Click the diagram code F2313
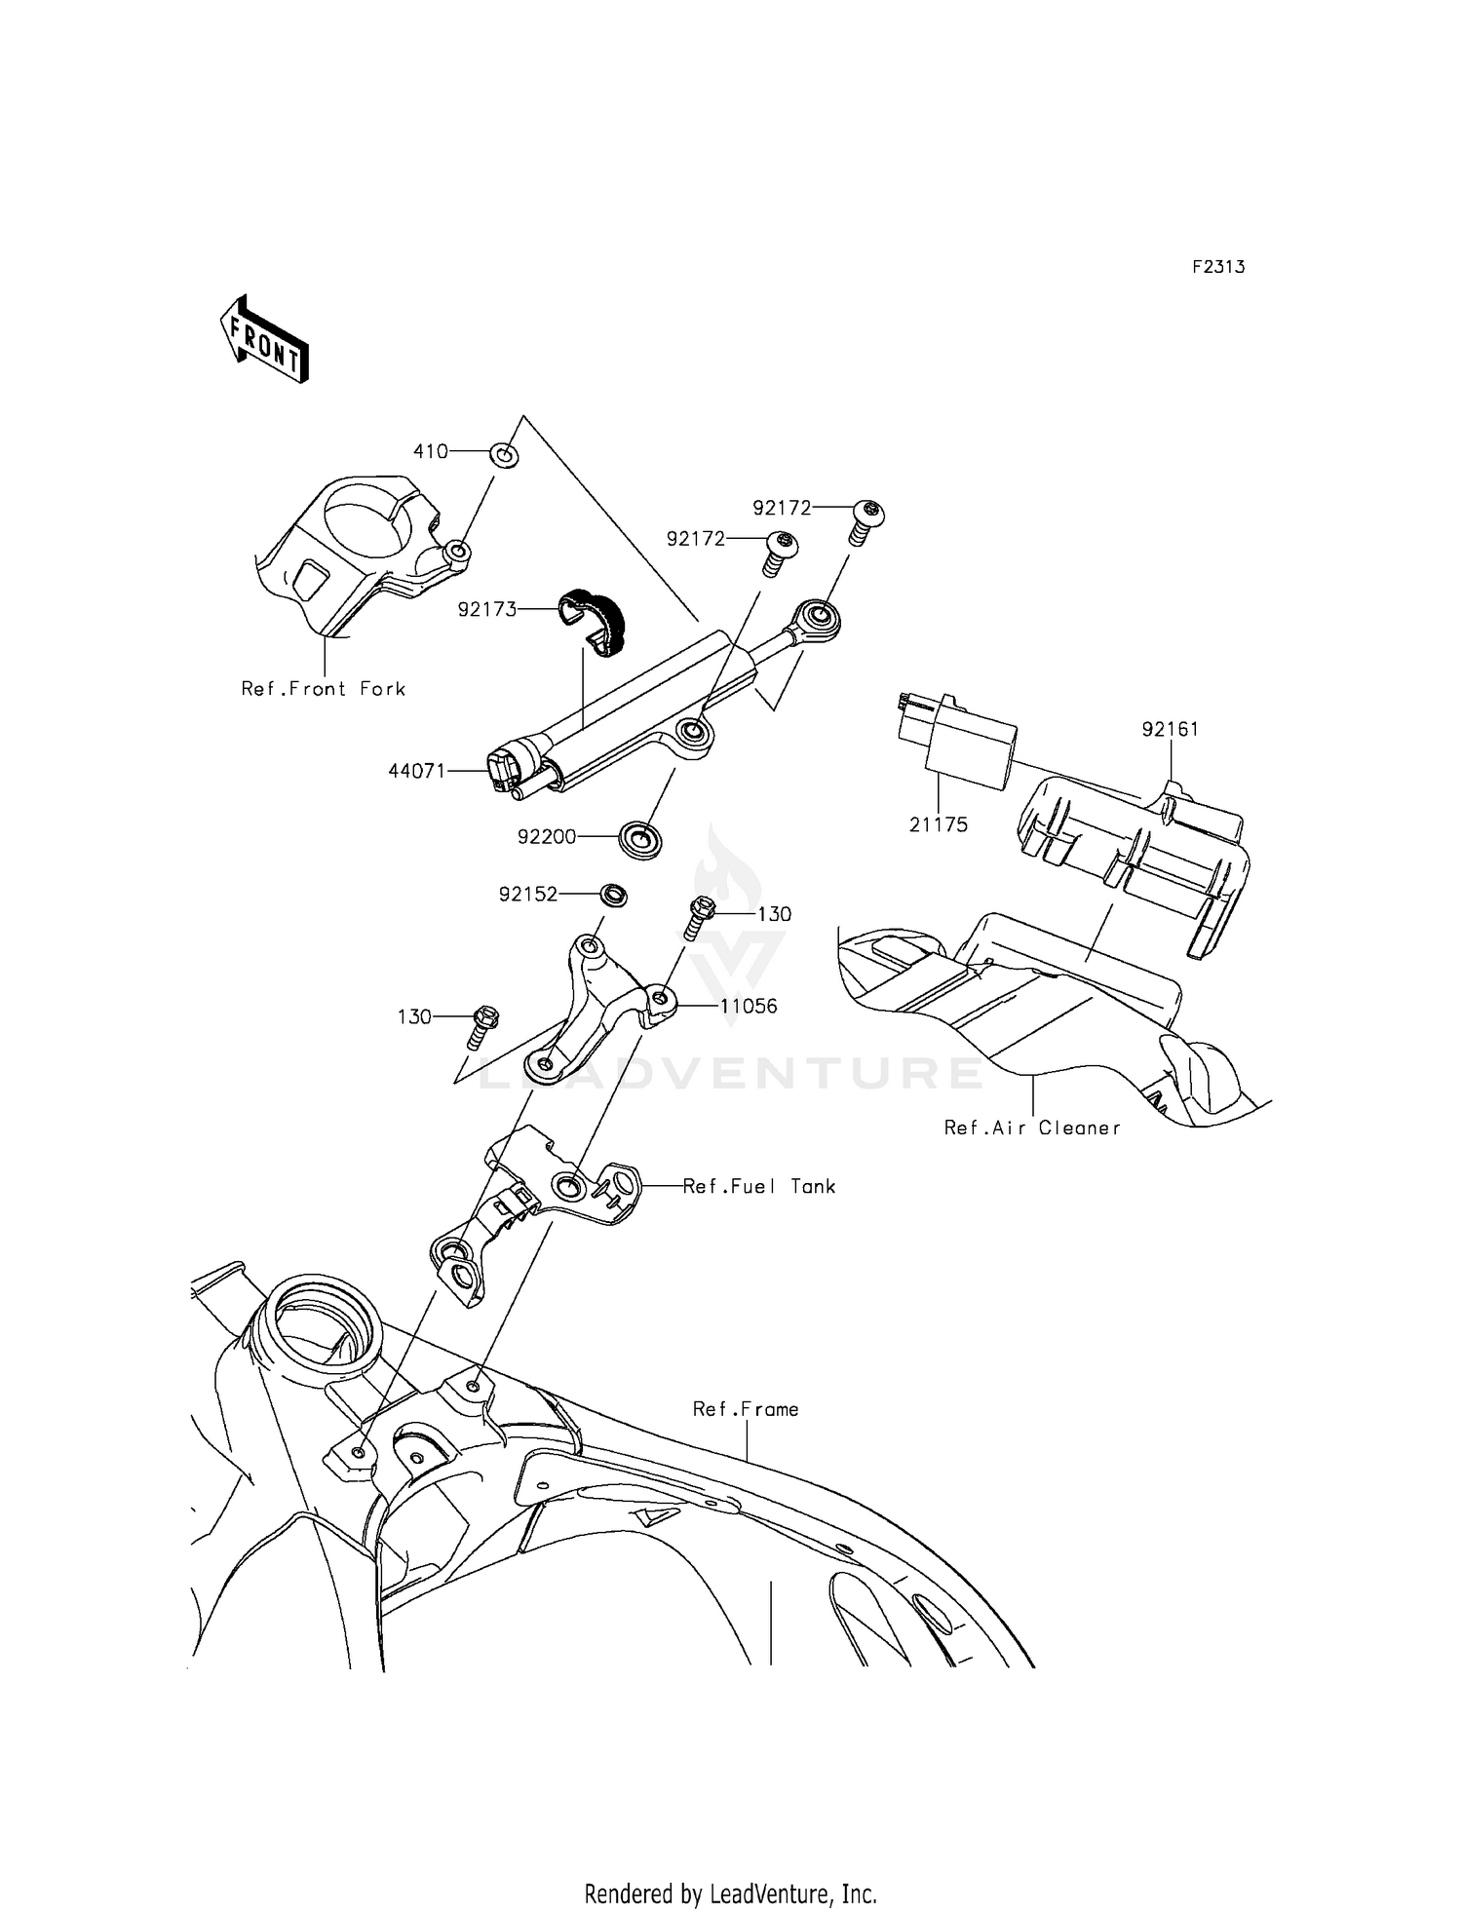[1217, 267]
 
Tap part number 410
[430, 451]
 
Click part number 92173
[486, 610]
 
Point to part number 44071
[416, 771]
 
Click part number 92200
[547, 836]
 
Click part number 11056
[749, 1006]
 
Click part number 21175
[938, 824]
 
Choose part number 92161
[1170, 729]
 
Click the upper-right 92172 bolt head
[869, 510]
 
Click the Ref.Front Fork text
[323, 689]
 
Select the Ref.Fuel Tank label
[758, 1186]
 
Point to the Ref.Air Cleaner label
[1031, 1128]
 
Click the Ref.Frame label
[746, 1409]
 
